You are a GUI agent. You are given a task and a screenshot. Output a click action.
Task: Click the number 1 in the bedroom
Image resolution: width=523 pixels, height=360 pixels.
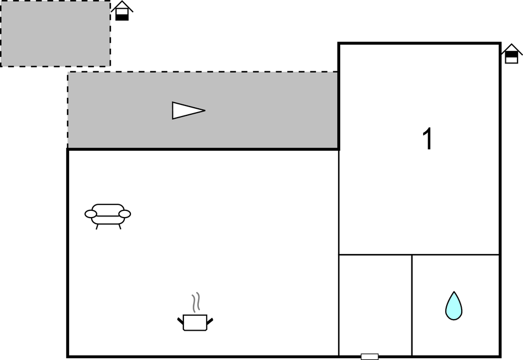(x=427, y=139)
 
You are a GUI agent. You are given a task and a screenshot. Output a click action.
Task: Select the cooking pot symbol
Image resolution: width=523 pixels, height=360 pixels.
(x=195, y=322)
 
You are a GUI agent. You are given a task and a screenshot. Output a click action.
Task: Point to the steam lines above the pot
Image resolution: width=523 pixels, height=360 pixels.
(x=196, y=303)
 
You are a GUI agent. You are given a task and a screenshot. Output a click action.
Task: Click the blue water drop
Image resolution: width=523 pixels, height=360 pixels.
(x=453, y=306)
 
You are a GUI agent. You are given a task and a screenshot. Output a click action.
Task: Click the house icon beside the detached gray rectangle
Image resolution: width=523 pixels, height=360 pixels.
(x=122, y=11)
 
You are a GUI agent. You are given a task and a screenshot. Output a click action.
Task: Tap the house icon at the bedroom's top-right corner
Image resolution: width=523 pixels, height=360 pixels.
(x=511, y=54)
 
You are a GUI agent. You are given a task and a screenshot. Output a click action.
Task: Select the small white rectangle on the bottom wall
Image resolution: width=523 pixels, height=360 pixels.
(x=369, y=357)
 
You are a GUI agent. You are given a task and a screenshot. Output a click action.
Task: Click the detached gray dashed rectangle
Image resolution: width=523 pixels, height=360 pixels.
(x=55, y=33)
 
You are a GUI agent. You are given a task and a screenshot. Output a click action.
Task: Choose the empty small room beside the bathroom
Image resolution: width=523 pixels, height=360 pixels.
(x=375, y=305)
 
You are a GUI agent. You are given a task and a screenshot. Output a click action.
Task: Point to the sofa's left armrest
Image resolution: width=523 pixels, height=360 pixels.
(x=91, y=214)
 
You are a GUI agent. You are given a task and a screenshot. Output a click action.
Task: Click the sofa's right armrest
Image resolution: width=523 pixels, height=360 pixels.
(x=125, y=214)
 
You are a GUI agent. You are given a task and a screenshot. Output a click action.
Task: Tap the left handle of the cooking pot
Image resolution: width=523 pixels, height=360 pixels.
(x=181, y=321)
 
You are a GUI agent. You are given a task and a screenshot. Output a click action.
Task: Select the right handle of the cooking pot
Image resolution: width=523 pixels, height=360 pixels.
(x=210, y=321)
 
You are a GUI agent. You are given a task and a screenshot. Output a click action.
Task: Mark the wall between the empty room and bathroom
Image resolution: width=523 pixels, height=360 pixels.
(x=411, y=305)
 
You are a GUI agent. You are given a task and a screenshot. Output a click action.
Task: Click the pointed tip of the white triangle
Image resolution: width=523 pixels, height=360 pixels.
(x=205, y=110)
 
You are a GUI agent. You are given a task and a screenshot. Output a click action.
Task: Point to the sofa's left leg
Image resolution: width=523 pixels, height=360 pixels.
(x=97, y=227)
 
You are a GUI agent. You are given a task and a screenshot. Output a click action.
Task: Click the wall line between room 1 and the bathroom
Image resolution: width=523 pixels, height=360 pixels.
(x=455, y=255)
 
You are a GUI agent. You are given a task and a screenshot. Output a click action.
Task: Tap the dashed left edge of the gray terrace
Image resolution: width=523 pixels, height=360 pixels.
(x=68, y=110)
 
